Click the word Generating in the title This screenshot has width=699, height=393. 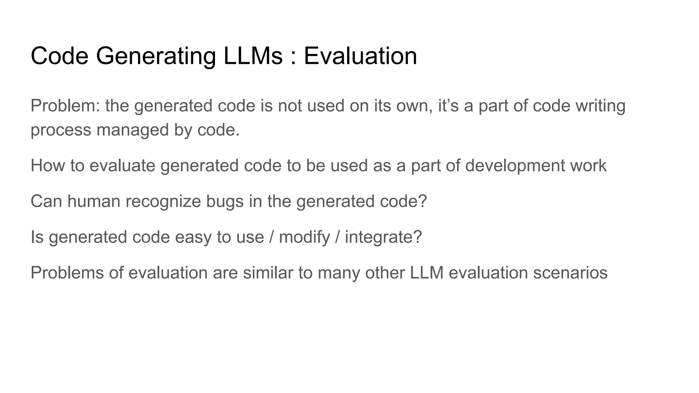pos(156,56)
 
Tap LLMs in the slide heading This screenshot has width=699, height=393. pos(253,56)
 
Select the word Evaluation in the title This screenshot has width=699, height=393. pos(360,56)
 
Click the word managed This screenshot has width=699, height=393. pos(133,130)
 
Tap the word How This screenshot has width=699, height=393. pos(48,165)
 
